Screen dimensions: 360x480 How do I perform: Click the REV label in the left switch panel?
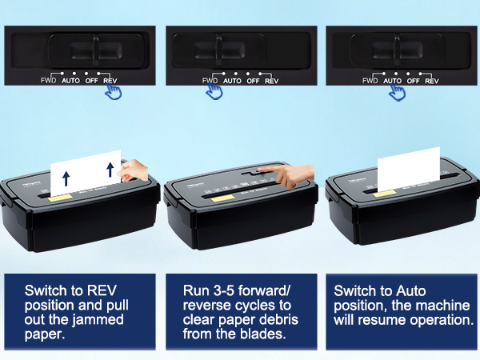point(110,80)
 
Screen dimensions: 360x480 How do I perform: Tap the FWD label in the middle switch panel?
point(210,80)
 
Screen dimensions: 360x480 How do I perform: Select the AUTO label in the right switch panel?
point(392,80)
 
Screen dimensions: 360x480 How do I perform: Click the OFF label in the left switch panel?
point(92,80)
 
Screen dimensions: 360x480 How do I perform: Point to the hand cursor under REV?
point(114,92)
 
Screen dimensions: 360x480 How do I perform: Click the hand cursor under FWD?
point(213,92)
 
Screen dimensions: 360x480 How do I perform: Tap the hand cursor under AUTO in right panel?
point(396,92)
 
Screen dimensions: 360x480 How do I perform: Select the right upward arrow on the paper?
point(107,170)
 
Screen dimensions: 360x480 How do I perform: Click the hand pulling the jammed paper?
point(134,169)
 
